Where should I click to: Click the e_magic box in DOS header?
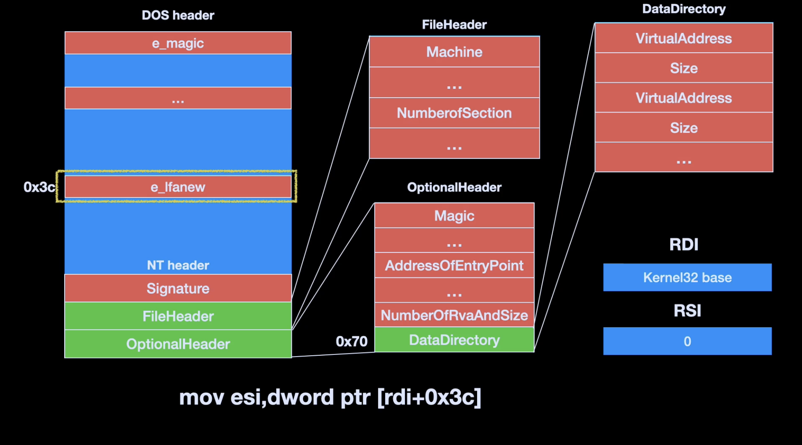[x=178, y=43]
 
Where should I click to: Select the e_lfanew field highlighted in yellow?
[x=178, y=187]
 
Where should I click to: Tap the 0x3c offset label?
[x=39, y=187]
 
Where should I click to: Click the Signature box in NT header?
[x=178, y=288]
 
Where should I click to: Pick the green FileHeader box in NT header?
[x=178, y=316]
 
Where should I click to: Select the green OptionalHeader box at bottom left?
[x=178, y=344]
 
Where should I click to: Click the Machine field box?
[x=454, y=52]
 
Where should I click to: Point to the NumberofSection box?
[x=454, y=113]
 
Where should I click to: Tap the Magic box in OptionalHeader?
[x=454, y=215]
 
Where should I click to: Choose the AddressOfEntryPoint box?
[x=454, y=265]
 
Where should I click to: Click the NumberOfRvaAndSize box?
[x=454, y=315]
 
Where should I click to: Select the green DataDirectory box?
[x=454, y=340]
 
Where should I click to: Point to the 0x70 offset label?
[x=351, y=341]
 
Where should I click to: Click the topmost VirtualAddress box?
[x=684, y=38]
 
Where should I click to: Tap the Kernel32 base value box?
[x=687, y=277]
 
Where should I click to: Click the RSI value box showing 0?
[x=687, y=341]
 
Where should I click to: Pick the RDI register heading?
[x=684, y=244]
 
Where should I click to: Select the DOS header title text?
[x=178, y=15]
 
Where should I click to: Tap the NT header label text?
[x=178, y=265]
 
